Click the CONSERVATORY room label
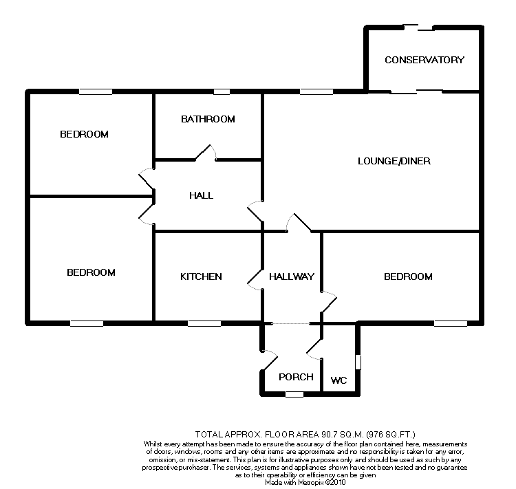(424, 60)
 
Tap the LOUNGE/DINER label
(394, 162)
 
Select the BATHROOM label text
(208, 119)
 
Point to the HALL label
(201, 195)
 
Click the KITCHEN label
(201, 276)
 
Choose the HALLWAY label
(292, 276)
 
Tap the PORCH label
(296, 377)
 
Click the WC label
(338, 380)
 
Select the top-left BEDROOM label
(84, 134)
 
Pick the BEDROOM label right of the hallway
(408, 276)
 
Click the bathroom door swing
(206, 153)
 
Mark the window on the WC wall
(357, 360)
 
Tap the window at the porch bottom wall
(294, 394)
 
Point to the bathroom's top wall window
(221, 91)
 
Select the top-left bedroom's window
(95, 91)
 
